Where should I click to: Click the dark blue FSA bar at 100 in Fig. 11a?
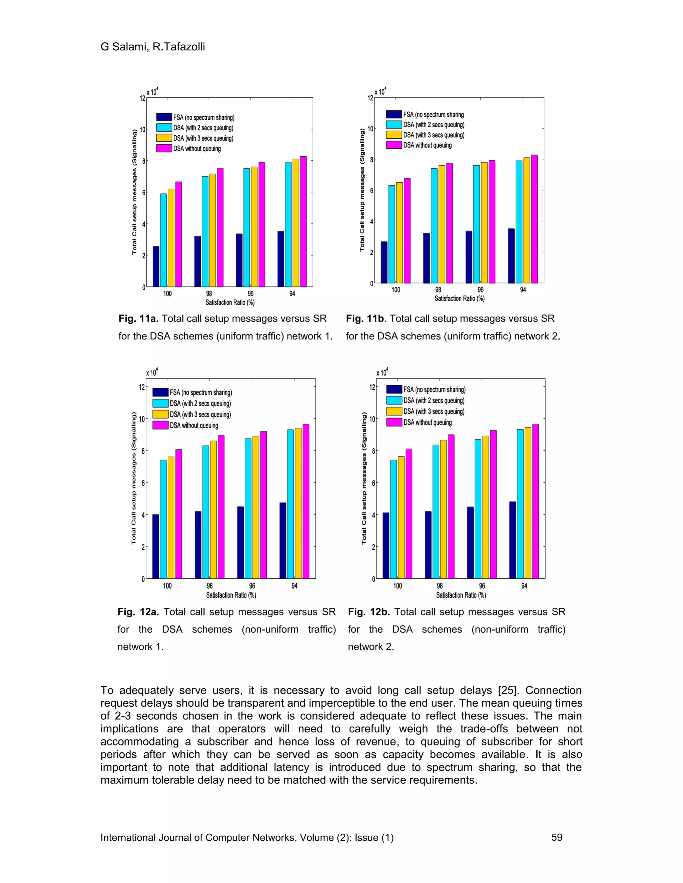tap(156, 267)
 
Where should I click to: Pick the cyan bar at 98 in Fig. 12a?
tap(205, 512)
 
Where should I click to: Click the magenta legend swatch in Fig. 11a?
tap(164, 148)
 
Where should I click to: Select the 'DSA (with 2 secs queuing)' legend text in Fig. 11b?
tap(434, 125)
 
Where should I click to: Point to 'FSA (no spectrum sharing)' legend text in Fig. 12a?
tap(201, 393)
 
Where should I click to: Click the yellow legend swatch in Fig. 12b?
tap(394, 411)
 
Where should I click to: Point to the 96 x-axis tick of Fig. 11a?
tap(250, 294)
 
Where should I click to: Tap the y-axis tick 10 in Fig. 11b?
tap(370, 129)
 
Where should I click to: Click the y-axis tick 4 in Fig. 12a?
tap(142, 515)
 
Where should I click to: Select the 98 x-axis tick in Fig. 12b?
tap(440, 586)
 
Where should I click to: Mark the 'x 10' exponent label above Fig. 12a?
tap(152, 373)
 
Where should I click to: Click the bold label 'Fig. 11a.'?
tap(138, 319)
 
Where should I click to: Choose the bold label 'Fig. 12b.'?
tap(369, 612)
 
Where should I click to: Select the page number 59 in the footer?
tap(557, 837)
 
